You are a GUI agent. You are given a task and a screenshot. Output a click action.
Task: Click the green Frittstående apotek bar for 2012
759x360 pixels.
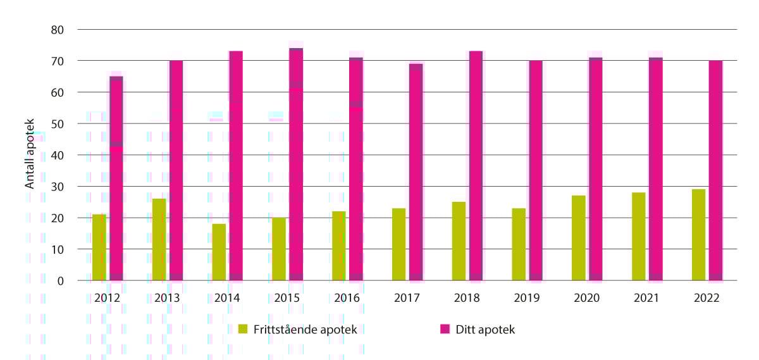tap(99, 247)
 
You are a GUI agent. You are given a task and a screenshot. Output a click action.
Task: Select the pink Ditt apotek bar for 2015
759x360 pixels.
tap(296, 164)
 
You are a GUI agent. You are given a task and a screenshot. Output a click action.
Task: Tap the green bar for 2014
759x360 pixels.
tap(219, 252)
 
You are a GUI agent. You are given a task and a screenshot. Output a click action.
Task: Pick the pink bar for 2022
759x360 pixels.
tap(715, 170)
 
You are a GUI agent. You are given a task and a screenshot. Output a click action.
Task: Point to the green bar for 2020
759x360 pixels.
tap(579, 238)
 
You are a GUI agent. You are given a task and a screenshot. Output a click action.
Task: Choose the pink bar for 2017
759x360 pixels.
tap(416, 172)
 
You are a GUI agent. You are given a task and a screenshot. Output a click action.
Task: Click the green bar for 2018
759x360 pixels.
tap(459, 241)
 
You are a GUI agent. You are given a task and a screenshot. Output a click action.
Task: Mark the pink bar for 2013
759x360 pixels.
tap(176, 170)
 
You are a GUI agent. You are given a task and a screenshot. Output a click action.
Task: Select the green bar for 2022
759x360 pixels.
tap(698, 235)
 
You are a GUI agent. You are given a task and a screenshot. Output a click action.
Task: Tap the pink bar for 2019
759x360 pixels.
tap(536, 170)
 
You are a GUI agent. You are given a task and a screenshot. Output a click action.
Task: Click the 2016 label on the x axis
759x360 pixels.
tap(347, 298)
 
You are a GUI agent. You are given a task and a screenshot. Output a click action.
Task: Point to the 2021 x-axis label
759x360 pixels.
tap(646, 298)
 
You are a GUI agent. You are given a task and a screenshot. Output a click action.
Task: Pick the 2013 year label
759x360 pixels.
tap(167, 298)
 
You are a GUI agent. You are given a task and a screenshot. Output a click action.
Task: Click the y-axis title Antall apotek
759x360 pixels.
tap(30, 155)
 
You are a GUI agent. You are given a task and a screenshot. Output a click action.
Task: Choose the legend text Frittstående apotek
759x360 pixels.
tap(305, 330)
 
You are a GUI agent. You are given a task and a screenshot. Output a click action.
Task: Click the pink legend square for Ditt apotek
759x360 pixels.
tap(445, 329)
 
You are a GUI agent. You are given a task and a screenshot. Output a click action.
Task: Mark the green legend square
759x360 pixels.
tap(242, 329)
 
